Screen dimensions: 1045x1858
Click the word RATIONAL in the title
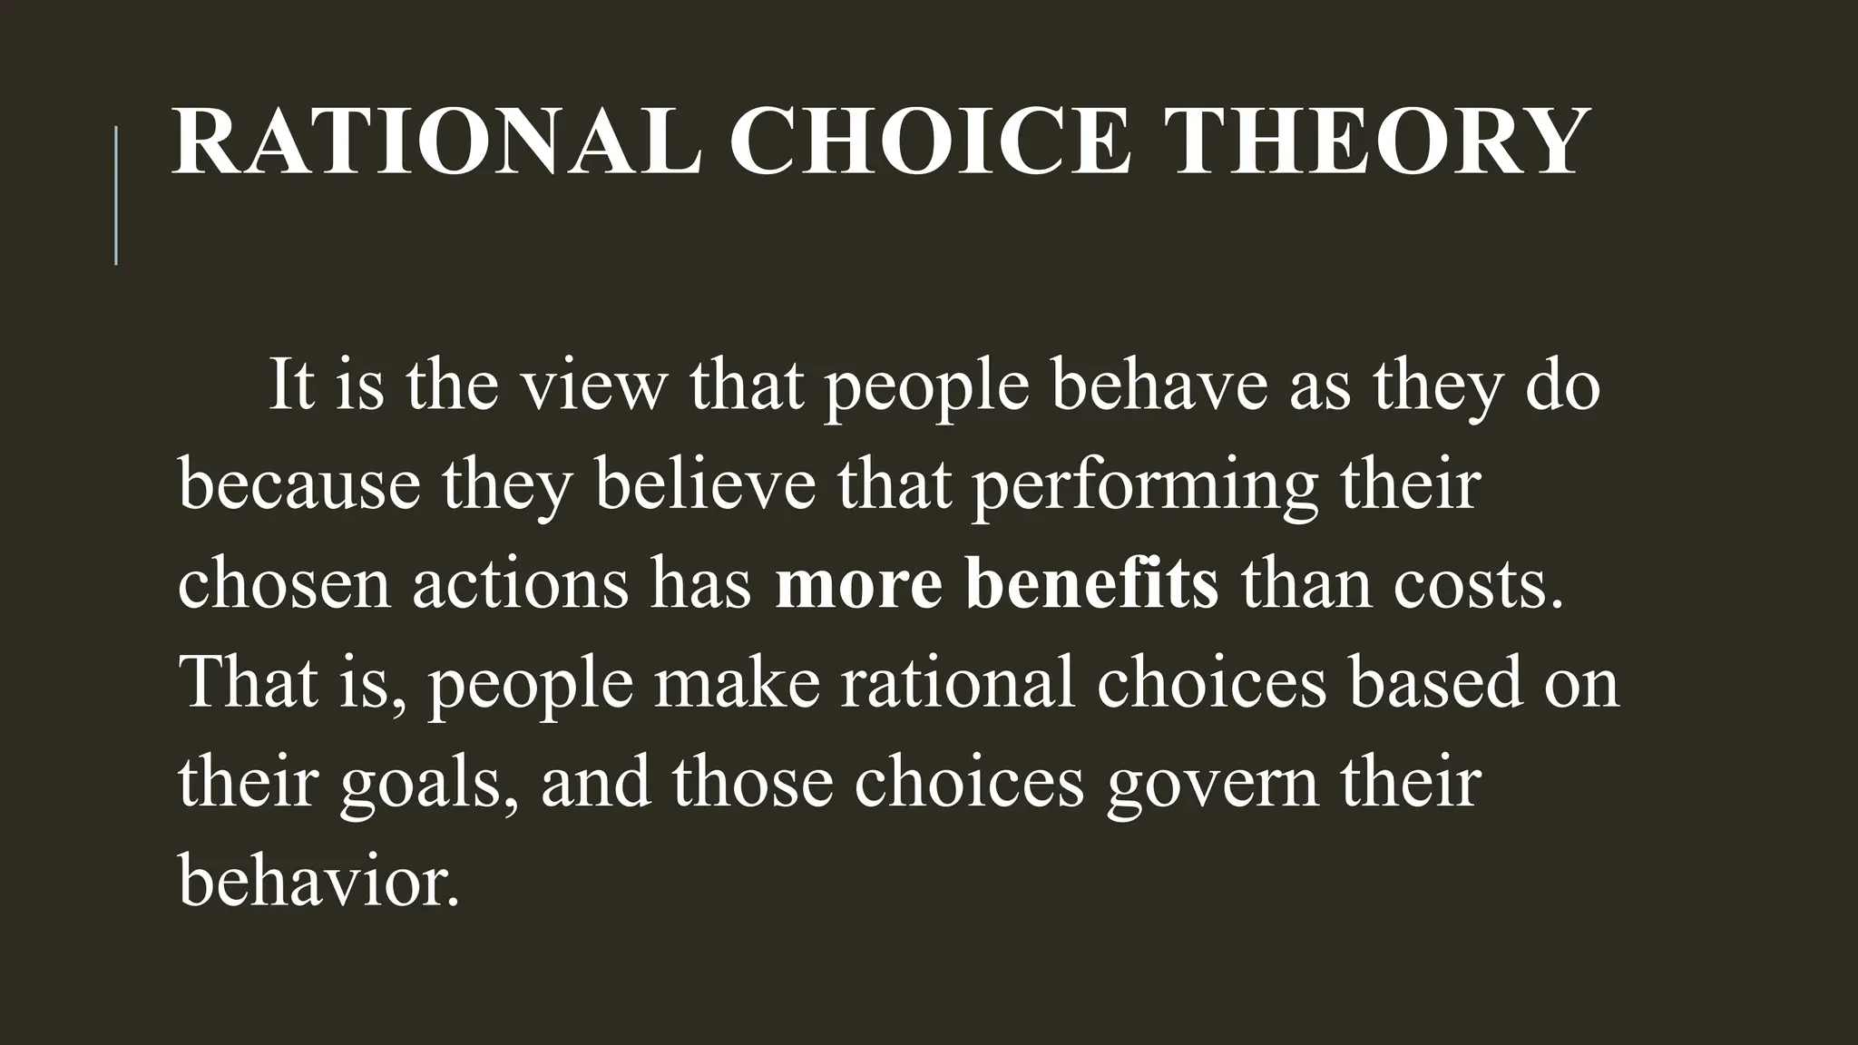(436, 143)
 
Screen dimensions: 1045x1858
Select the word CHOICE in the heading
(931, 143)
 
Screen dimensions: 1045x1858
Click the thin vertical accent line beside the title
(116, 195)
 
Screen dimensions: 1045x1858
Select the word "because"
(299, 484)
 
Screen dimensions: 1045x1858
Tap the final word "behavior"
(318, 880)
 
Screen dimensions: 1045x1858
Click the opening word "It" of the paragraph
(289, 386)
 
